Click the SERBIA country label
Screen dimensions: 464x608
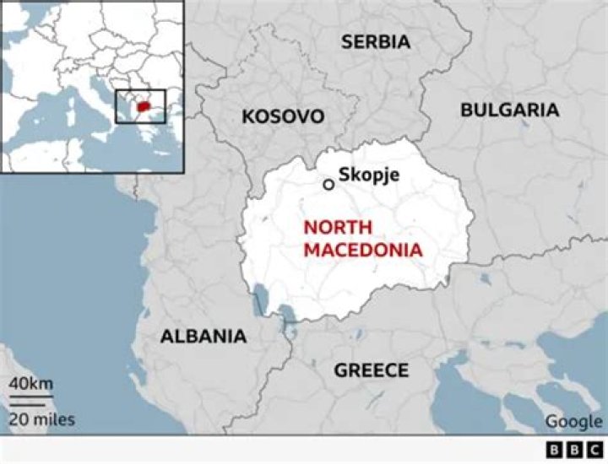376,41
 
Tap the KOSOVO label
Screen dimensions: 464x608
283,116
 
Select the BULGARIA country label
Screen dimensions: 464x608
509,110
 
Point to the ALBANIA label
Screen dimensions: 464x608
204,336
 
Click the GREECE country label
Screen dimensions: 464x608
371,370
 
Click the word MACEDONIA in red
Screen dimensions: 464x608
363,250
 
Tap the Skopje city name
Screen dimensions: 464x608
369,175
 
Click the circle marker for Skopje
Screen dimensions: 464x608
328,183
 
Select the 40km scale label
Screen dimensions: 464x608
30,384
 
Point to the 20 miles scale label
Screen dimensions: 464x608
42,418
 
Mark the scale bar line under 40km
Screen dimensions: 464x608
31,397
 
